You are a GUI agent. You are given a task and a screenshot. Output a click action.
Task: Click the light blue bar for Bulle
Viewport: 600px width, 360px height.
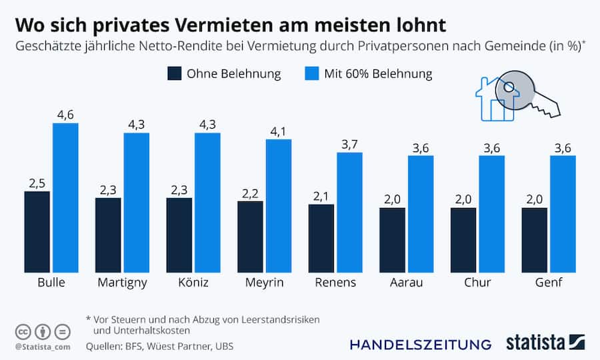point(65,197)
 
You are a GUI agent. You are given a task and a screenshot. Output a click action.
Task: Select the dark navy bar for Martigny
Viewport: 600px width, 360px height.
point(108,235)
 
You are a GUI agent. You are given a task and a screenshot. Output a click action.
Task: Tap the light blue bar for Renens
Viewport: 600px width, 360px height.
point(349,212)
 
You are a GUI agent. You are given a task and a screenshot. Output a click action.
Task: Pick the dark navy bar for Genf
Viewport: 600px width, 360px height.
point(534,239)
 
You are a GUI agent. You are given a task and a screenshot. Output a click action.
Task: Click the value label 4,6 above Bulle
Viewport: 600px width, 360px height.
point(65,115)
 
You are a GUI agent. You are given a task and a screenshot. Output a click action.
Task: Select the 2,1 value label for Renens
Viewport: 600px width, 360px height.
point(321,196)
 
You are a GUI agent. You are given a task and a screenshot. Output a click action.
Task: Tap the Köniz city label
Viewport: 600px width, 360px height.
point(194,283)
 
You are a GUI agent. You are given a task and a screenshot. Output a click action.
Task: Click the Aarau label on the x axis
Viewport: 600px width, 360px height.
point(407,283)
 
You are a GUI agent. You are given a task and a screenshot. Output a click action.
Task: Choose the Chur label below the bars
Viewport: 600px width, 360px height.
point(477,283)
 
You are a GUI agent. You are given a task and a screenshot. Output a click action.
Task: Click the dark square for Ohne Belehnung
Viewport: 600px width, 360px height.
point(175,73)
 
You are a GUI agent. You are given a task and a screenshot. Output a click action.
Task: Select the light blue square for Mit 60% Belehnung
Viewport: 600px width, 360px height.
point(312,73)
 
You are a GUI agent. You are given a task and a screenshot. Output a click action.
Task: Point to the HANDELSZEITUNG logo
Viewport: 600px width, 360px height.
point(420,344)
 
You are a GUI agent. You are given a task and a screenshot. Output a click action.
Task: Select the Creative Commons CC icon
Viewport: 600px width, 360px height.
point(22,331)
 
